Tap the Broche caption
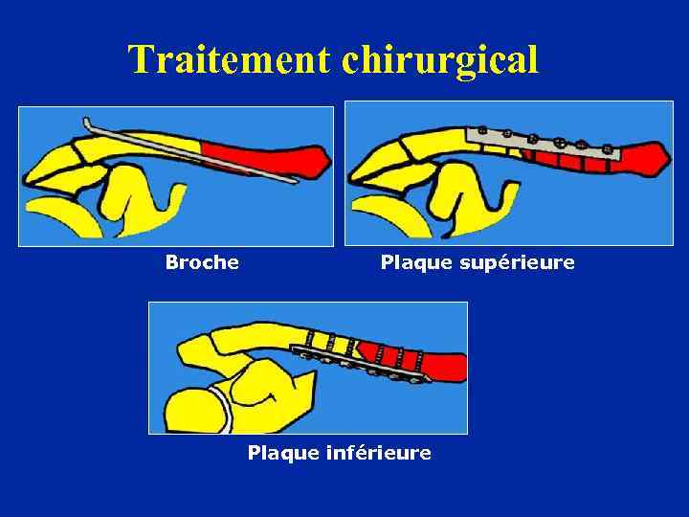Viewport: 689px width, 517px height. (202, 261)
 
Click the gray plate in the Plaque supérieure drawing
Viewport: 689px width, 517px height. (541, 145)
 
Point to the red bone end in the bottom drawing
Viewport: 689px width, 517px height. (445, 367)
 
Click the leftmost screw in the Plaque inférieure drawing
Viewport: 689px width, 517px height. (308, 352)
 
